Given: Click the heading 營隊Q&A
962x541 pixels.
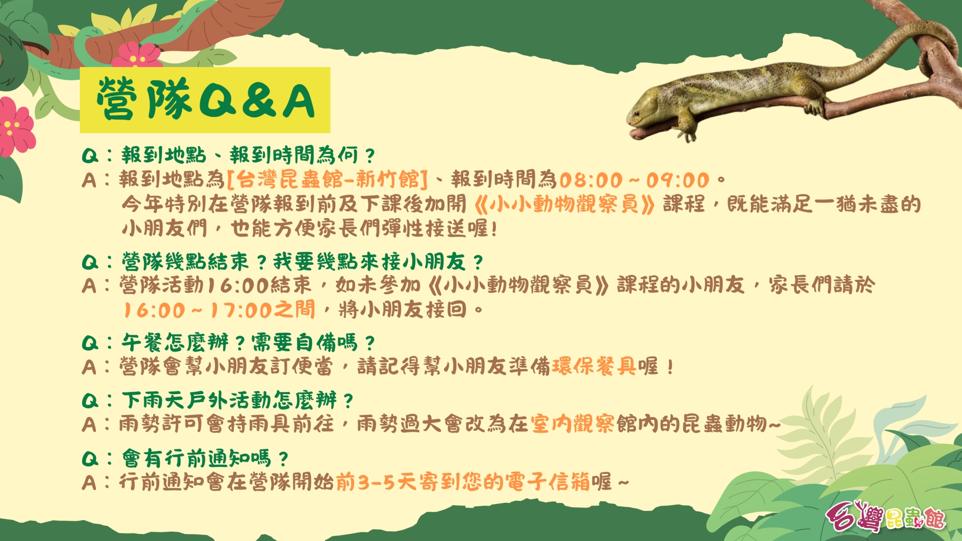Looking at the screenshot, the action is click(x=205, y=99).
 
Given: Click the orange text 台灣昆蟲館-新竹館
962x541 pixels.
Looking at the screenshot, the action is click(x=327, y=179).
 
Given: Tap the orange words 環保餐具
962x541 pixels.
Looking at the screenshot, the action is click(x=594, y=366).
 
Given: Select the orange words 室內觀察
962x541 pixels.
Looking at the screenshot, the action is click(x=573, y=424).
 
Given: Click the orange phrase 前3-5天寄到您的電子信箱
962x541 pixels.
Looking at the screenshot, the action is click(x=463, y=482).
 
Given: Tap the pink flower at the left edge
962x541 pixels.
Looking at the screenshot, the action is click(x=15, y=127).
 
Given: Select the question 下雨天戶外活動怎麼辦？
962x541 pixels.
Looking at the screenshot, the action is click(x=238, y=401).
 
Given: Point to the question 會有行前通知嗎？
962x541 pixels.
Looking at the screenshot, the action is click(x=205, y=458).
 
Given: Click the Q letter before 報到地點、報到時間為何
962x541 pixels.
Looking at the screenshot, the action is click(x=90, y=156).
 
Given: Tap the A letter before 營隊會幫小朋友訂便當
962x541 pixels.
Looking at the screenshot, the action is click(x=89, y=367).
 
